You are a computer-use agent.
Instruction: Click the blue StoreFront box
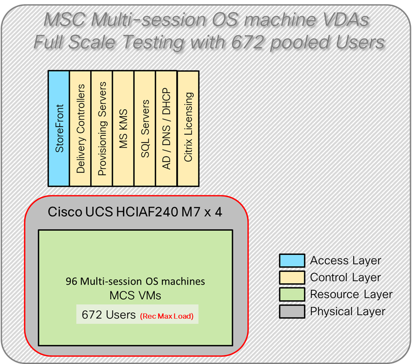(58, 128)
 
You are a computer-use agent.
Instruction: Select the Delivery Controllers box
(80, 128)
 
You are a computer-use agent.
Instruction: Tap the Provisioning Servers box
(102, 128)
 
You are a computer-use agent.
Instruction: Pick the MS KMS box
(123, 128)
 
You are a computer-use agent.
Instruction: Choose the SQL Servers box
(145, 128)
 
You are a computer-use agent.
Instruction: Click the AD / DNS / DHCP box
(167, 128)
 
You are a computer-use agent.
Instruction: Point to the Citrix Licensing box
(188, 128)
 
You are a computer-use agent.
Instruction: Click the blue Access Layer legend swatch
(291, 261)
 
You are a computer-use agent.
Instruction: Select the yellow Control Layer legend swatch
(291, 278)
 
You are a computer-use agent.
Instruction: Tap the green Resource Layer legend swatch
(291, 295)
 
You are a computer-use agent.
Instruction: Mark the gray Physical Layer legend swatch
(291, 312)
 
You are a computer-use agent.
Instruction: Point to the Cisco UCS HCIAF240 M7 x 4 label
(135, 212)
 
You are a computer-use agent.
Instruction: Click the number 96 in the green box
(72, 282)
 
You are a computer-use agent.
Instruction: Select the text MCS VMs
(135, 297)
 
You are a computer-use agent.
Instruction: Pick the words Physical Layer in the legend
(348, 312)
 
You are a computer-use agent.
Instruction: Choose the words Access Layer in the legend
(345, 261)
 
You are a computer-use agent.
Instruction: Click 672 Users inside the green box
(106, 315)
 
